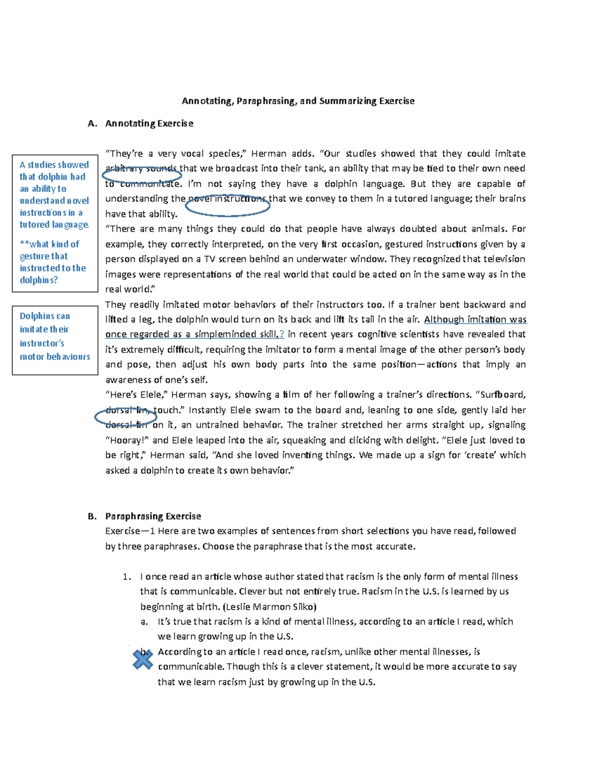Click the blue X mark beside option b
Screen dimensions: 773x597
point(143,660)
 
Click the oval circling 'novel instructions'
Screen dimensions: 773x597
point(228,205)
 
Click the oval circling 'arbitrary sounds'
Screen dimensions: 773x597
point(142,174)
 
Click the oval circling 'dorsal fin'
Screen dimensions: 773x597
point(125,417)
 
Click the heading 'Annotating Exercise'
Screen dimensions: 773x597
point(149,123)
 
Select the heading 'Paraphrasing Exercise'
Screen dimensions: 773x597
point(153,516)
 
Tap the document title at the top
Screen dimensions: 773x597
point(298,101)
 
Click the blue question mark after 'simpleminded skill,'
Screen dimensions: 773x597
point(282,334)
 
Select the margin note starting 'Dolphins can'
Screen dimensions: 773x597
point(55,336)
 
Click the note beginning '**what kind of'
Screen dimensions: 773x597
point(52,262)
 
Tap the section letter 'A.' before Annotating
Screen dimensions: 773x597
point(92,123)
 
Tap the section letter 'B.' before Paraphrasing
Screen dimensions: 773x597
point(92,516)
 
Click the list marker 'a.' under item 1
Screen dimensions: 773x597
point(144,622)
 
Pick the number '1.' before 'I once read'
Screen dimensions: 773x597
point(127,577)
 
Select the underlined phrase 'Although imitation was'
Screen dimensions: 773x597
point(475,320)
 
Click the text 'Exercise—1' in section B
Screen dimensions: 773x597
point(130,531)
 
